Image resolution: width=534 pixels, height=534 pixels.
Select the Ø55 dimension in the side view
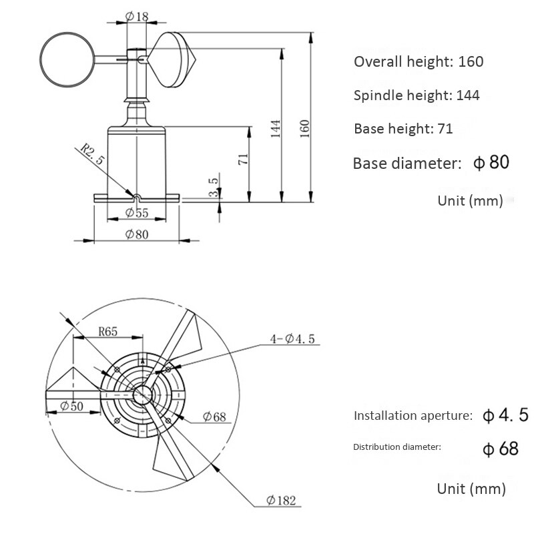point(138,213)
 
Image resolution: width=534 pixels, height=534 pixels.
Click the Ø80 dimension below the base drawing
point(137,234)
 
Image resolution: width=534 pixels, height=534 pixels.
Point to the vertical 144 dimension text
point(276,127)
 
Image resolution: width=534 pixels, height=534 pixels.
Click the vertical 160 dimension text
point(305,127)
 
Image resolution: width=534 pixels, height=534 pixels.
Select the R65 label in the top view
point(109,330)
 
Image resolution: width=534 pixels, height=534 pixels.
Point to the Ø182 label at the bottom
point(281,500)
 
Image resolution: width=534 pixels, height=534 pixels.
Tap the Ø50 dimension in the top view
point(71,406)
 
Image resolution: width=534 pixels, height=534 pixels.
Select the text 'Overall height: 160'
point(419,62)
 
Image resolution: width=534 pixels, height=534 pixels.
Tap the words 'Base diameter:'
point(407,164)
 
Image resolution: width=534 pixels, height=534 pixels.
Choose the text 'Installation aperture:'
point(413,415)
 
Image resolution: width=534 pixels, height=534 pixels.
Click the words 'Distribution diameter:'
point(397,447)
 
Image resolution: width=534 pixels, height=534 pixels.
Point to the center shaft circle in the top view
point(141,394)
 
